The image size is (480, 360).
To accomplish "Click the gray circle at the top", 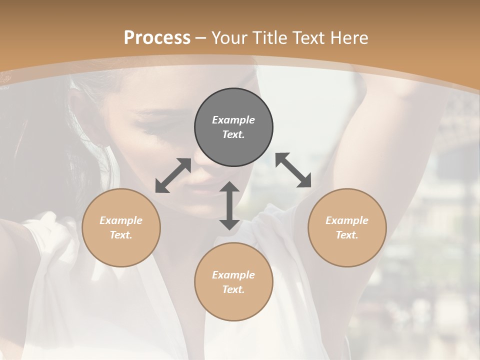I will click(x=233, y=127).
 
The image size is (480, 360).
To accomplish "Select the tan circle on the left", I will click(x=121, y=227).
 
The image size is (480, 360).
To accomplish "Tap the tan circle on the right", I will click(x=347, y=227).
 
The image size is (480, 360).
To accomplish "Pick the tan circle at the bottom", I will click(x=233, y=282).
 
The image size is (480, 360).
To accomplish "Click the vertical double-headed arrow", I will click(x=229, y=205).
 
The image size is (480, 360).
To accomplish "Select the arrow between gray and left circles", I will click(x=173, y=175).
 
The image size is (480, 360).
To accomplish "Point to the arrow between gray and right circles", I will click(x=293, y=170).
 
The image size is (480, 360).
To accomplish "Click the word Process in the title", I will click(x=157, y=37).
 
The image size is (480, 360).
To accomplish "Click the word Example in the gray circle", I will click(x=233, y=120).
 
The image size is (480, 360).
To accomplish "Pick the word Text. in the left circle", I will click(x=121, y=235).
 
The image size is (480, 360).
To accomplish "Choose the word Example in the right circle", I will click(x=347, y=220).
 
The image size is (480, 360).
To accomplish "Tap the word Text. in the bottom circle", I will click(x=233, y=289).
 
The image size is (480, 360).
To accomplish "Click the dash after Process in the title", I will click(x=201, y=38).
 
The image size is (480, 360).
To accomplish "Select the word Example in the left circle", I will click(x=121, y=220).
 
